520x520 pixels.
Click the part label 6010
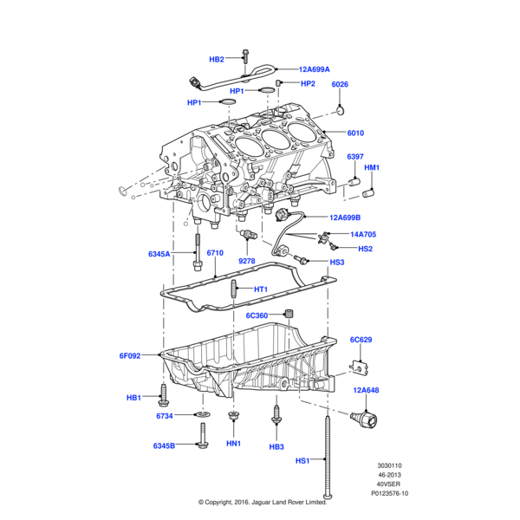tap(355, 133)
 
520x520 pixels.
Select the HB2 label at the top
tap(217, 60)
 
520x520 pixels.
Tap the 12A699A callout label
tap(315, 69)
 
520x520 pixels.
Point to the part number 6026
tap(340, 84)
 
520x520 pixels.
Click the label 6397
tap(355, 157)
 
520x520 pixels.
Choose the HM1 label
tap(372, 167)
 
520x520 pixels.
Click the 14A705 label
tap(363, 234)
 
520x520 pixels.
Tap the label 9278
tap(247, 261)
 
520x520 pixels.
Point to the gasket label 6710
tap(215, 253)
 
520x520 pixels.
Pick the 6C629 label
tap(361, 340)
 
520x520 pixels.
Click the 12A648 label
tap(366, 391)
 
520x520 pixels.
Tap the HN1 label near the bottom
tap(233, 443)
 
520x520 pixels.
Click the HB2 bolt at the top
tap(246, 56)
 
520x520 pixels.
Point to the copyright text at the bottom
tap(262, 501)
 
